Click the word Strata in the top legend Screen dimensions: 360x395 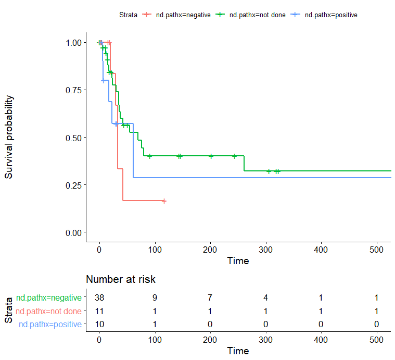tap(128, 15)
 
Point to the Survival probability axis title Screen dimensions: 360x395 tap(9, 137)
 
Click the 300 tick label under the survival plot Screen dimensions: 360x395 tap(265, 249)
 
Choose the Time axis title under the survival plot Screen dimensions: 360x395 tap(238, 260)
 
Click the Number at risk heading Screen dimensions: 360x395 tap(121, 280)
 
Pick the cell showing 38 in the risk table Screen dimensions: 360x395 tap(99, 298)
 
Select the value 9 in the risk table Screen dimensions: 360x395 tap(155, 298)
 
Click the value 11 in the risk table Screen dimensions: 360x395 tap(99, 312)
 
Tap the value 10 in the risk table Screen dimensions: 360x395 tap(99, 325)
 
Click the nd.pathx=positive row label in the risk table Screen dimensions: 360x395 tap(50, 325)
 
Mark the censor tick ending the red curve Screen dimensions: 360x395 tap(164, 201)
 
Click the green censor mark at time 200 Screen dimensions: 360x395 tap(211, 156)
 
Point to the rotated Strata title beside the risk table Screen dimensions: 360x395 tap(9, 311)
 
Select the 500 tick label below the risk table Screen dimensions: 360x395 tap(376, 339)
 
